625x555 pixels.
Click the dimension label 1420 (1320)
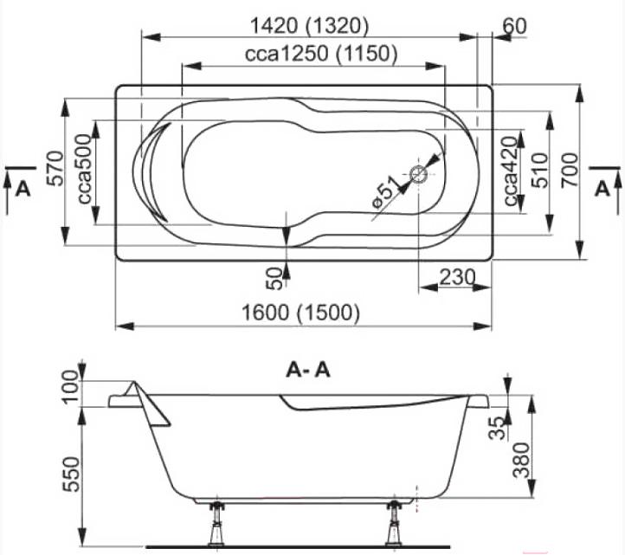pos(309,26)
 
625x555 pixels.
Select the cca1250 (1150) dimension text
pos(321,54)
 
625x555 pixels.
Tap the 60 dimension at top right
pos(514,26)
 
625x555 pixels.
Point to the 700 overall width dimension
pos(570,171)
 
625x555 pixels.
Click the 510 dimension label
pos(541,171)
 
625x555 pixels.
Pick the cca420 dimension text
pos(511,171)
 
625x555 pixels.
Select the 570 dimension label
pos(55,168)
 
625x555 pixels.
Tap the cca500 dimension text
pos(84,169)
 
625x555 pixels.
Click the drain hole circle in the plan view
pos(418,174)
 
